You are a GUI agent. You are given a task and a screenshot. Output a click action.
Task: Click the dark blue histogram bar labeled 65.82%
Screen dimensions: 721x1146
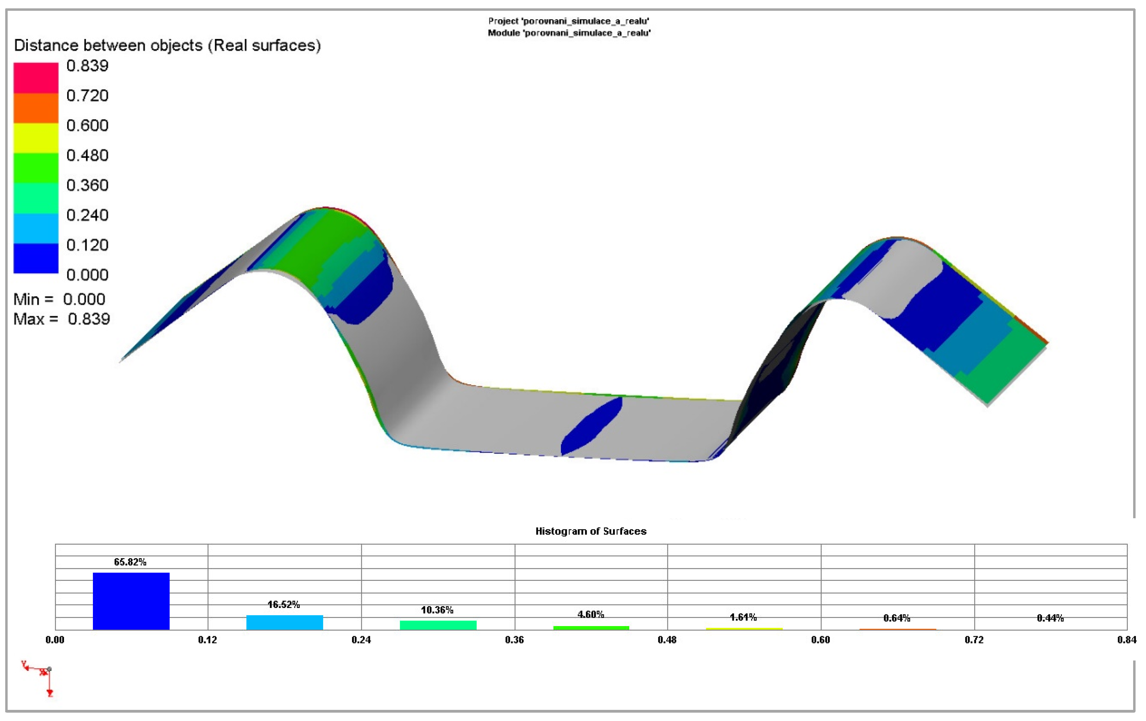(x=131, y=601)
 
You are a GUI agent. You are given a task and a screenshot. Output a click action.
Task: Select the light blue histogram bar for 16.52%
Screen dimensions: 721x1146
(x=284, y=623)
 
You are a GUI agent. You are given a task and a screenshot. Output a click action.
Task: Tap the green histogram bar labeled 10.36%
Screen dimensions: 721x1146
(x=438, y=625)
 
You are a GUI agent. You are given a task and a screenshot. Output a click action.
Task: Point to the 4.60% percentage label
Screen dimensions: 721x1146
(x=591, y=614)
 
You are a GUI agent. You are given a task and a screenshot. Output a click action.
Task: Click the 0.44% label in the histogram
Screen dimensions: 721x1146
(x=1050, y=618)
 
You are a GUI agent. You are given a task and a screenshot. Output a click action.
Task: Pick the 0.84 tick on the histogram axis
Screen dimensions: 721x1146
(x=1127, y=640)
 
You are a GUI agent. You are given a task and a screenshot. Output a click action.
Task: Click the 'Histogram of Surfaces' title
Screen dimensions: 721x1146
(x=591, y=531)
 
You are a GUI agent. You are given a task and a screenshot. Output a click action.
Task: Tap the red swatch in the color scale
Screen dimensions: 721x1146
(x=36, y=78)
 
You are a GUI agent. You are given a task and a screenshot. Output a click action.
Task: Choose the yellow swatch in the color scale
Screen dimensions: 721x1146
(x=36, y=137)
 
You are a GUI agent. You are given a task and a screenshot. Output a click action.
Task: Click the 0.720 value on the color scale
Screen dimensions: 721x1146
(x=87, y=96)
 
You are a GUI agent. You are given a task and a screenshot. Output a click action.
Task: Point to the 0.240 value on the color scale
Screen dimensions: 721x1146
(x=87, y=215)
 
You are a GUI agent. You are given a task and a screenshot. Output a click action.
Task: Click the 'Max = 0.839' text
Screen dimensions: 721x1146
(x=61, y=319)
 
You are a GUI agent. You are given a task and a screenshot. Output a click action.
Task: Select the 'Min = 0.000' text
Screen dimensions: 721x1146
(x=59, y=299)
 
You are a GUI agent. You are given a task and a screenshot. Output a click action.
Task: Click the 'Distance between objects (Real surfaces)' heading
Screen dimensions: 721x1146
(x=167, y=45)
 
